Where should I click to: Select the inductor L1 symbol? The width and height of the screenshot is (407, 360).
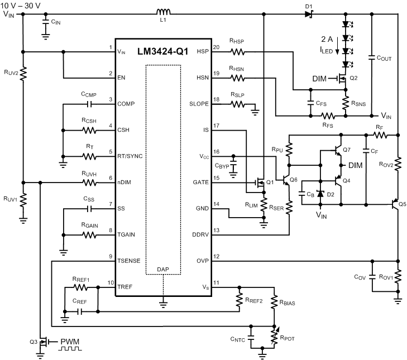tap(164, 12)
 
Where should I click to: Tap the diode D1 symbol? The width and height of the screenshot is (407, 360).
tap(308, 14)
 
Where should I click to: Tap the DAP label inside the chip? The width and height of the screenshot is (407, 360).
tap(164, 268)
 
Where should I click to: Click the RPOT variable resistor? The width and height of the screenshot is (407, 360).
tap(274, 336)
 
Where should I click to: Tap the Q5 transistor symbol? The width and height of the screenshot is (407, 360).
tap(395, 204)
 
